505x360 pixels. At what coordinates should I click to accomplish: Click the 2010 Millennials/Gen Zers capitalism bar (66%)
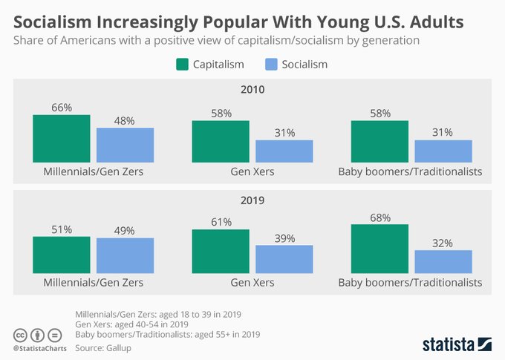tap(62, 138)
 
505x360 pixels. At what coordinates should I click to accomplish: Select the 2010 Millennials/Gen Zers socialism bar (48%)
tap(125, 145)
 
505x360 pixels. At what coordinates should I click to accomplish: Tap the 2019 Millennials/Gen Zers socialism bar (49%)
tap(125, 255)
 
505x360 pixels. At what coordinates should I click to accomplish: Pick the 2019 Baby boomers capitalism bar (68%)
tap(379, 249)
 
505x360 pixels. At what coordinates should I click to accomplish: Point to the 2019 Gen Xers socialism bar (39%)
tap(284, 259)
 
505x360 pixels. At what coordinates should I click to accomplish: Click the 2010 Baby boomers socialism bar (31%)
tap(443, 151)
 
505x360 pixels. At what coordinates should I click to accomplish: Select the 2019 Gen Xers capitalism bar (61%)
tap(221, 251)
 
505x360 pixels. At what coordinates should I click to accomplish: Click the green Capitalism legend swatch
tap(183, 65)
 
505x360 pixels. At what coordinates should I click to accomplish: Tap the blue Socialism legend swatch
tap(270, 65)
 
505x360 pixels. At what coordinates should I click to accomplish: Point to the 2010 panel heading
tap(252, 90)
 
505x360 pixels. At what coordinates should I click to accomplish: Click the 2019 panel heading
tap(252, 200)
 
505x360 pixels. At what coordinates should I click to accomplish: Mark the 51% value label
tap(62, 230)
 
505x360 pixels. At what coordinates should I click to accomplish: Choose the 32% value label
tap(443, 243)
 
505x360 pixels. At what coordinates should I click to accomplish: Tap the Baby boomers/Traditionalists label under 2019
tap(410, 283)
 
